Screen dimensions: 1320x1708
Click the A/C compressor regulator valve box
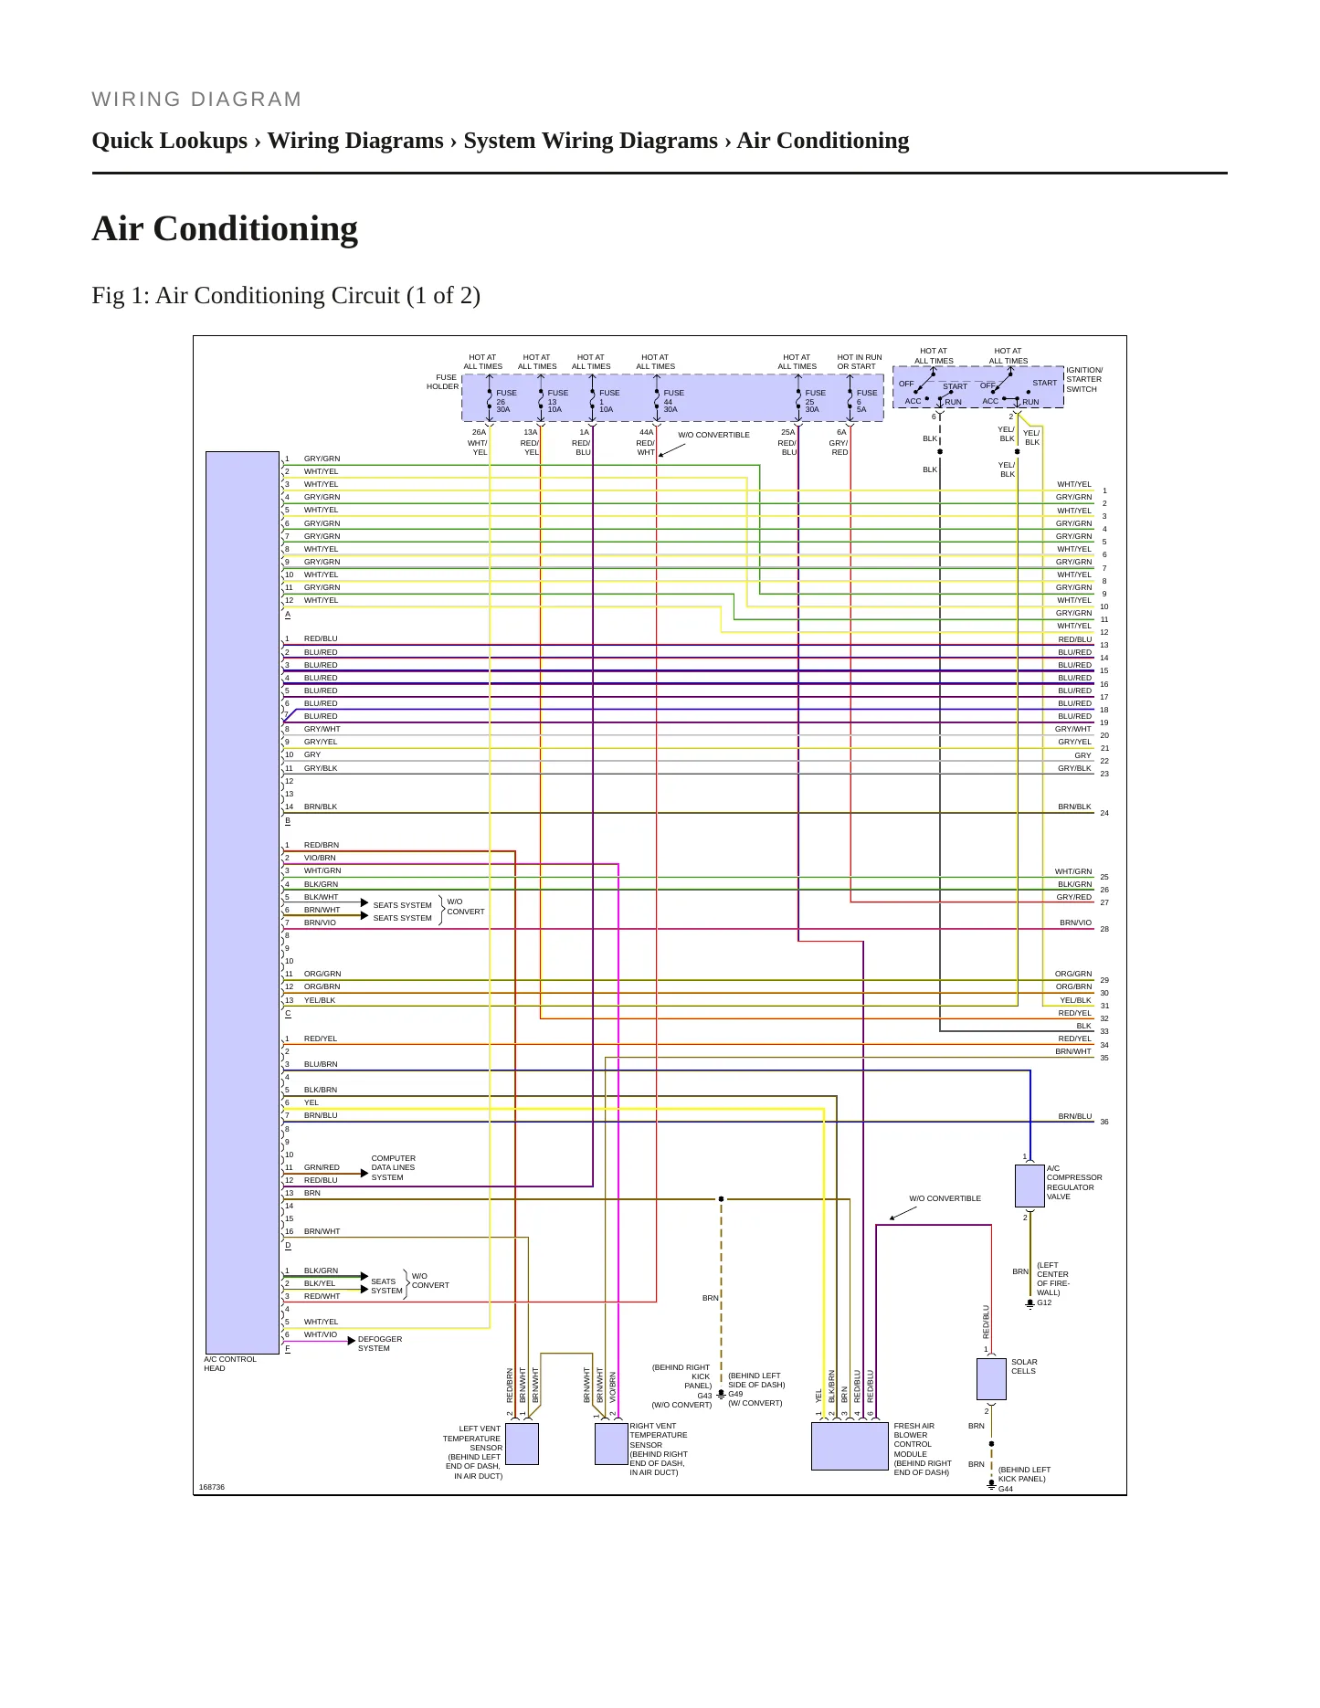(x=1030, y=1186)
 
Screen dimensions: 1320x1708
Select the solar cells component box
(x=991, y=1379)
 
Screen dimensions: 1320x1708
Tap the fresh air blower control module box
(x=850, y=1446)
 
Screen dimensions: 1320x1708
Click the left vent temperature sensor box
(x=522, y=1443)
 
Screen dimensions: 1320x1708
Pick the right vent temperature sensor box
(x=611, y=1443)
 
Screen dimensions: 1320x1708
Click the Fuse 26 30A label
(x=506, y=401)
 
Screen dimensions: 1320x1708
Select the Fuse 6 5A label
(x=866, y=401)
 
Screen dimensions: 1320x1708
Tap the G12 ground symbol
(x=1030, y=1303)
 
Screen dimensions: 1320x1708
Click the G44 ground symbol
(x=991, y=1486)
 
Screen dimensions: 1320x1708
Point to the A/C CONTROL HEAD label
(x=230, y=1364)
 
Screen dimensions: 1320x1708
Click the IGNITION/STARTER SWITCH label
(x=1084, y=379)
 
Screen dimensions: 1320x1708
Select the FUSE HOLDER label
(x=443, y=382)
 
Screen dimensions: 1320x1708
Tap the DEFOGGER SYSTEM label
(x=380, y=1344)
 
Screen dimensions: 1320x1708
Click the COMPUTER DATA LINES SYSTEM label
(x=393, y=1167)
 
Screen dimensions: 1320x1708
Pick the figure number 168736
(x=212, y=1487)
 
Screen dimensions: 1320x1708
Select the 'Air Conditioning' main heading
(x=225, y=228)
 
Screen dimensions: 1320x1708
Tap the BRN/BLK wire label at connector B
(x=321, y=807)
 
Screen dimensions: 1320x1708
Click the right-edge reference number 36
(x=1104, y=1122)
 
